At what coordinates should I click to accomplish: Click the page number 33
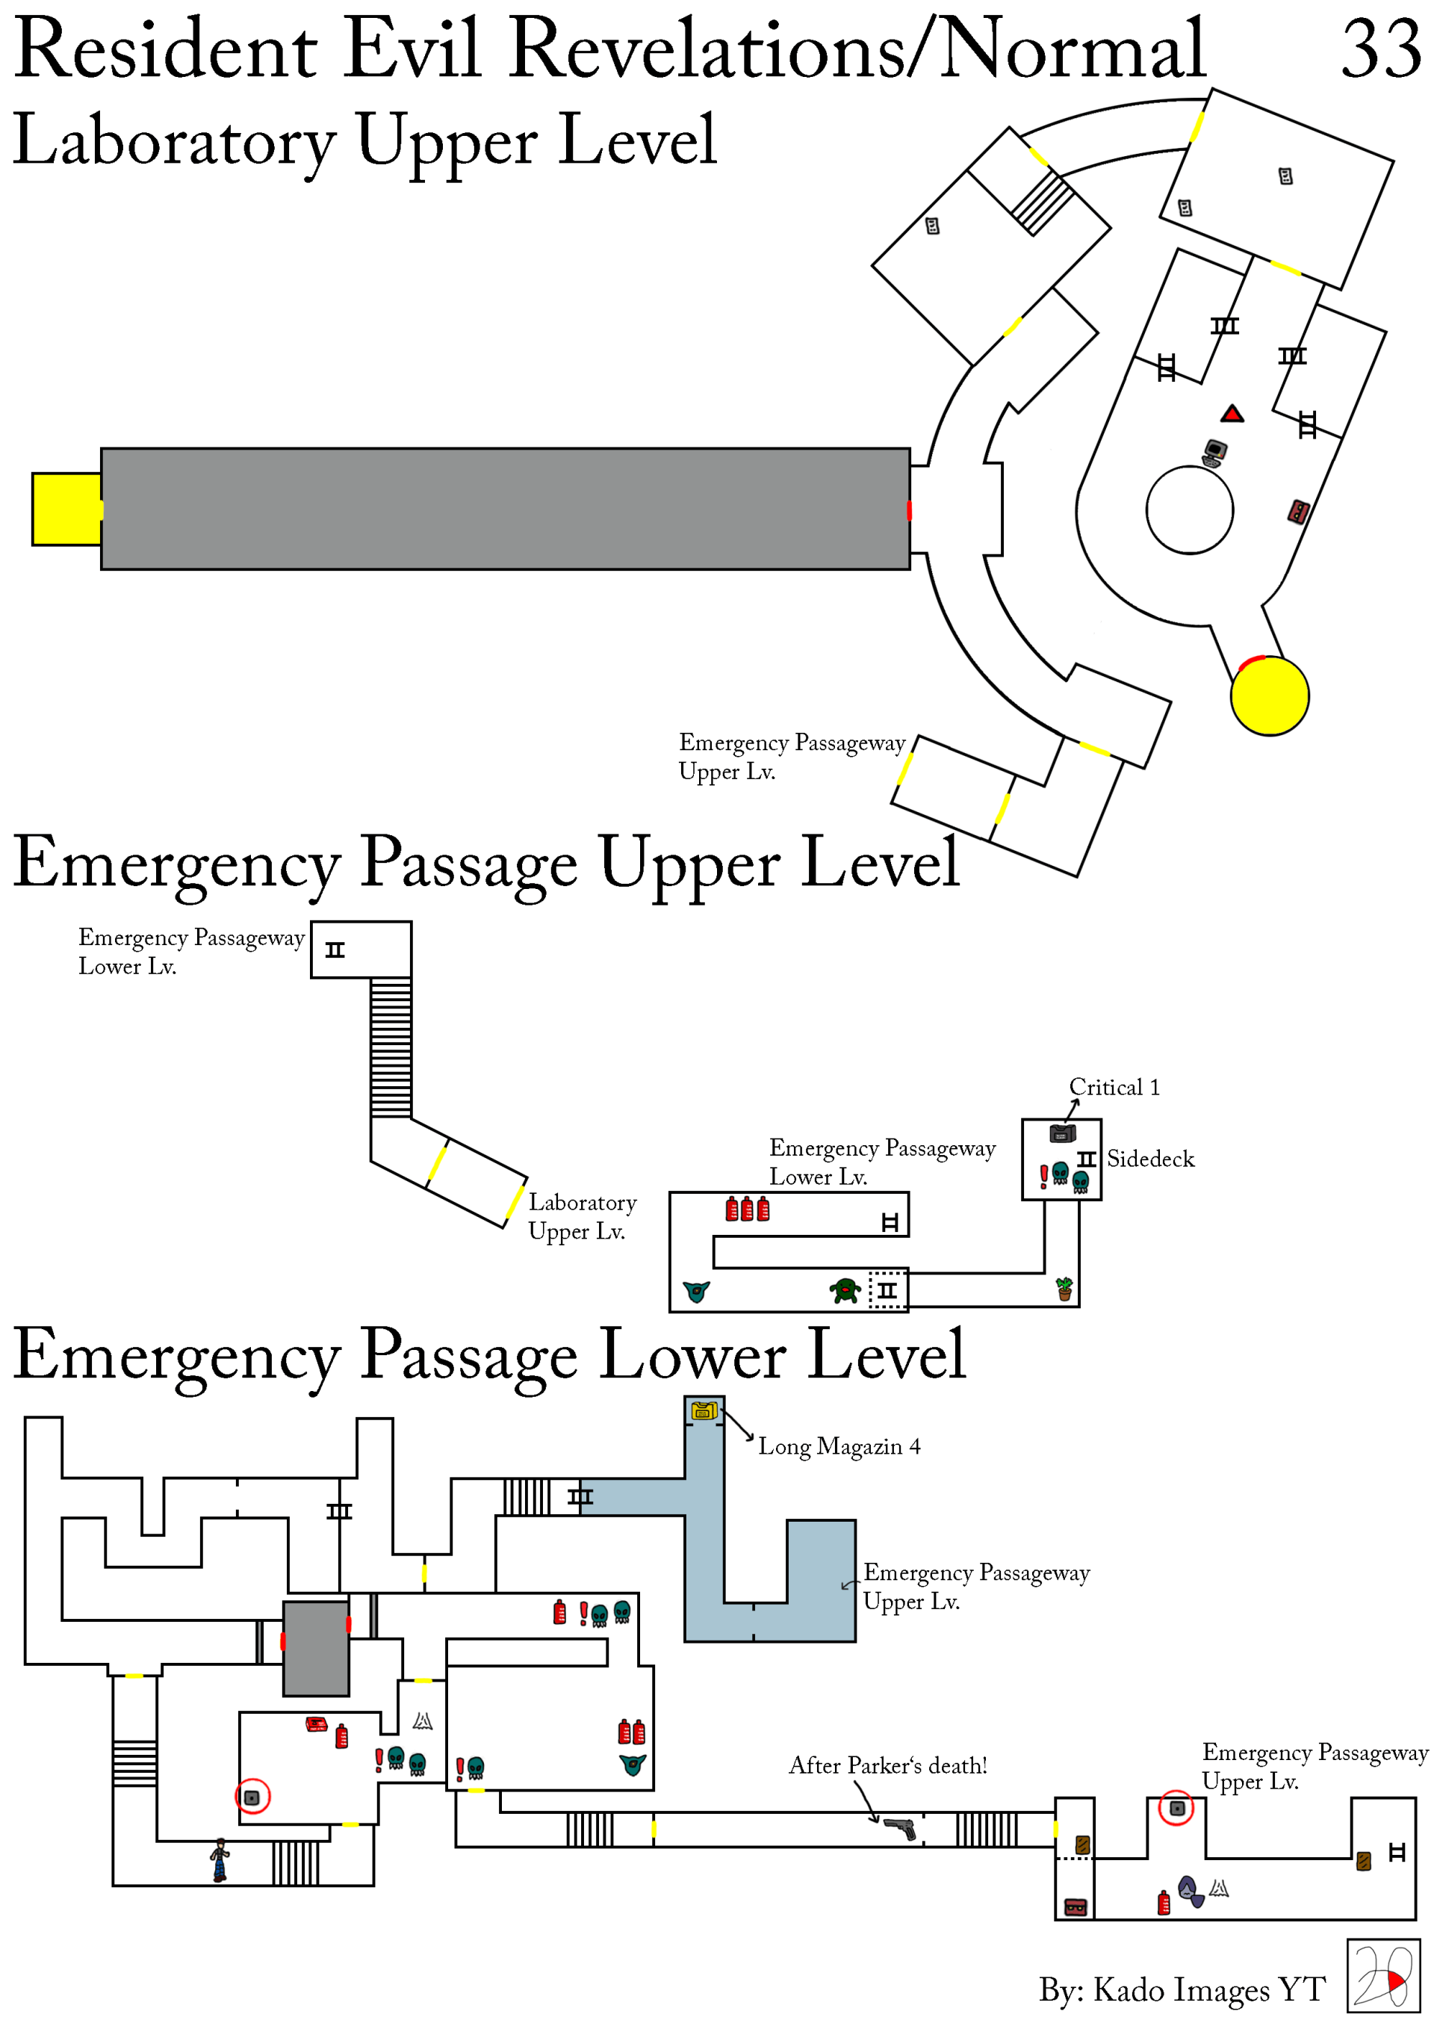tap(1380, 49)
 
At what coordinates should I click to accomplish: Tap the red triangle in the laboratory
tap(1232, 414)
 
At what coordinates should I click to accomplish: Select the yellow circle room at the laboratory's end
tap(1270, 696)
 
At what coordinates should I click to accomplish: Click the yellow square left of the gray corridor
tap(66, 509)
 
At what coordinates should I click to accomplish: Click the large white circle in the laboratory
tap(1189, 510)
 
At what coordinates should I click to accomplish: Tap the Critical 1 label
tap(1114, 1087)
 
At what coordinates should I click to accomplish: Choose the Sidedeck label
tap(1150, 1159)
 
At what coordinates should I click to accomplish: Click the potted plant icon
tap(1065, 1289)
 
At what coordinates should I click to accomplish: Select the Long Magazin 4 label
tap(839, 1446)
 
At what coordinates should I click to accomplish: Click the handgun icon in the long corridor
tap(900, 1827)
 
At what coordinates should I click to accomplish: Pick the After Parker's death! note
tap(887, 1765)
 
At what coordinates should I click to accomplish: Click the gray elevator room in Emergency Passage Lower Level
tap(315, 1648)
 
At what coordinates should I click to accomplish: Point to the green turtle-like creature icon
tap(845, 1291)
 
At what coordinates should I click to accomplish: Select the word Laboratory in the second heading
tap(174, 141)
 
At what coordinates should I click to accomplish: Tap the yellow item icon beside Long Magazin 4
tap(704, 1411)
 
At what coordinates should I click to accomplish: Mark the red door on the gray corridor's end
tap(909, 510)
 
